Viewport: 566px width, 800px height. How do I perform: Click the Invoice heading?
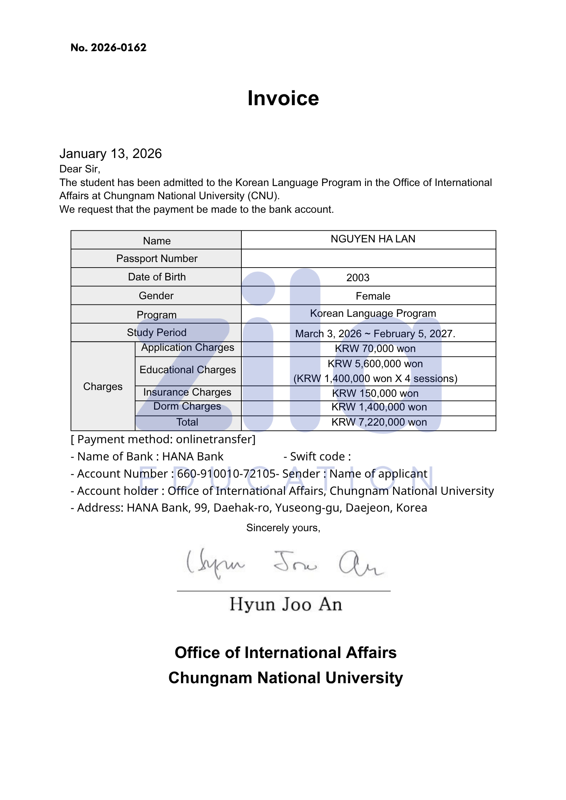point(283,98)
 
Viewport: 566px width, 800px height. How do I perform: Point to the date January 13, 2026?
point(110,154)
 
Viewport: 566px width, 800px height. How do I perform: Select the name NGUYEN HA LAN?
point(373,239)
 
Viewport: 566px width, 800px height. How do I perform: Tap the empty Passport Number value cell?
point(368,258)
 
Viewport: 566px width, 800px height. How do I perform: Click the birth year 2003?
point(357,278)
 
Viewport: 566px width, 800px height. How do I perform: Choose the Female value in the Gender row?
point(373,296)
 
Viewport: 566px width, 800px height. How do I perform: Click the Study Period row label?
point(157,332)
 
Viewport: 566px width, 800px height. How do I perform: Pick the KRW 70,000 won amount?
point(375,348)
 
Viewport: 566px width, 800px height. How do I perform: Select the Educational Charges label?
point(187,370)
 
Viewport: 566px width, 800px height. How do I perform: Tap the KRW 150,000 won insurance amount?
point(375,393)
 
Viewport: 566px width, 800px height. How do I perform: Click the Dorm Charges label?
point(187,406)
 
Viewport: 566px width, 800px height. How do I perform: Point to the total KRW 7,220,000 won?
point(379,422)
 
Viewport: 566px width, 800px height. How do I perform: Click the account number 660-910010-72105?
point(226,474)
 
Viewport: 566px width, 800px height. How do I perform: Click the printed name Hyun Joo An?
point(285,604)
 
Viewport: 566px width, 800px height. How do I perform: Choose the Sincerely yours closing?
point(283,528)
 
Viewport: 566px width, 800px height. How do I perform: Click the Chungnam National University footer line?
point(285,678)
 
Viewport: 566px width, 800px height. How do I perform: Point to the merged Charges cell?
point(103,386)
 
